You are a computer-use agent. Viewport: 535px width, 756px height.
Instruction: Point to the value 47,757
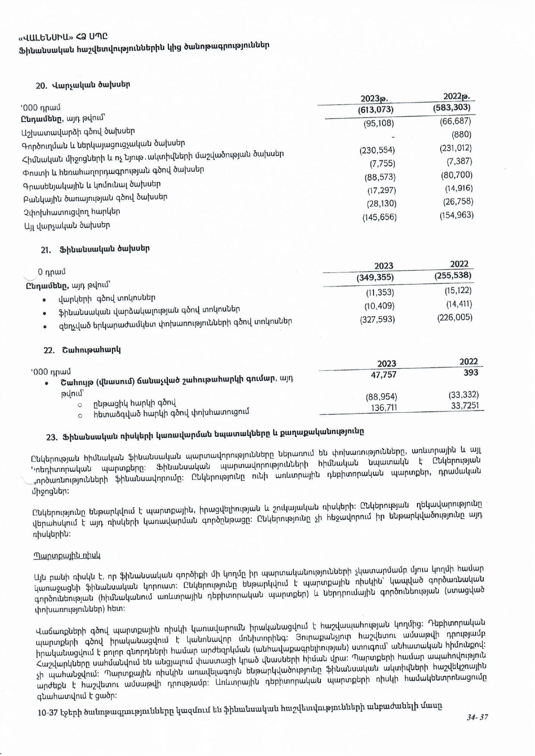coord(383,375)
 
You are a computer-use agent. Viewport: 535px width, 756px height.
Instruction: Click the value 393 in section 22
coord(471,373)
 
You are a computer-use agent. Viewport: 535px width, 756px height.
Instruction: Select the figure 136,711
coord(384,408)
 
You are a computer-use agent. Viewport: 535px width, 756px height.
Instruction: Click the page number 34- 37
coord(477,717)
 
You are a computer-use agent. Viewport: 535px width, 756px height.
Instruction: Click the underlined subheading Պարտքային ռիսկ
coord(67,556)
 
